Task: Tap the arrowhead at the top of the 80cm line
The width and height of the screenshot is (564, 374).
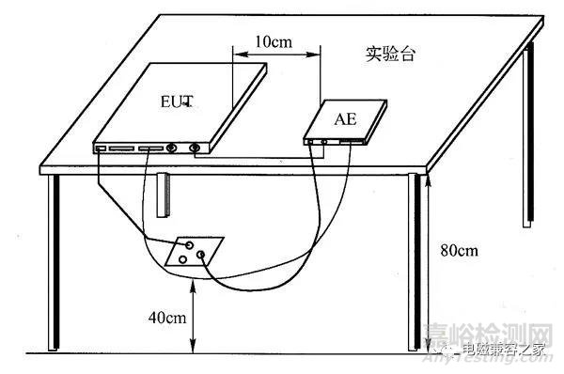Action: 428,179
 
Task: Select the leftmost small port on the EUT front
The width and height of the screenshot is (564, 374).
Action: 100,148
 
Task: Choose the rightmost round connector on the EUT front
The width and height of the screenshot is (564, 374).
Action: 194,148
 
